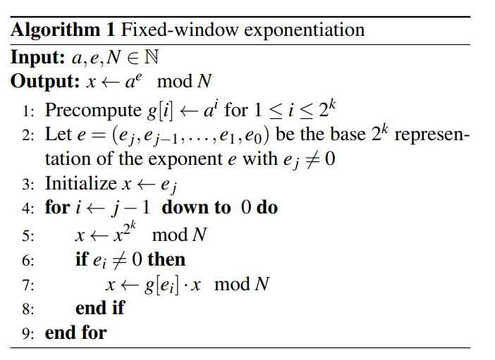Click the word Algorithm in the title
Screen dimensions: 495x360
[x=55, y=31]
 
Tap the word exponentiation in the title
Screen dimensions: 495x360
[x=305, y=30]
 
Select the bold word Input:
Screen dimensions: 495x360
[x=37, y=58]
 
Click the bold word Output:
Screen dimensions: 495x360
[x=45, y=81]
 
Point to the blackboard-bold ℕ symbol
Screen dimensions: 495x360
[x=151, y=57]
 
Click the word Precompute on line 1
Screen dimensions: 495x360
[x=93, y=111]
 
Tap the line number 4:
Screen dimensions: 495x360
[x=28, y=209]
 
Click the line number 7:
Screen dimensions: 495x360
[x=28, y=285]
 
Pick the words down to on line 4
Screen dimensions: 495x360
[x=196, y=208]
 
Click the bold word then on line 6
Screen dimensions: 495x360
[x=166, y=259]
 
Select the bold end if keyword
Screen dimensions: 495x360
[x=100, y=308]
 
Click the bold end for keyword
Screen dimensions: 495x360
[x=75, y=333]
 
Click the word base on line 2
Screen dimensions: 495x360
[x=348, y=135]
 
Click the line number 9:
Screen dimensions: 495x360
[x=28, y=334]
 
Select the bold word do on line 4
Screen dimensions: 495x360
[x=267, y=208]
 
